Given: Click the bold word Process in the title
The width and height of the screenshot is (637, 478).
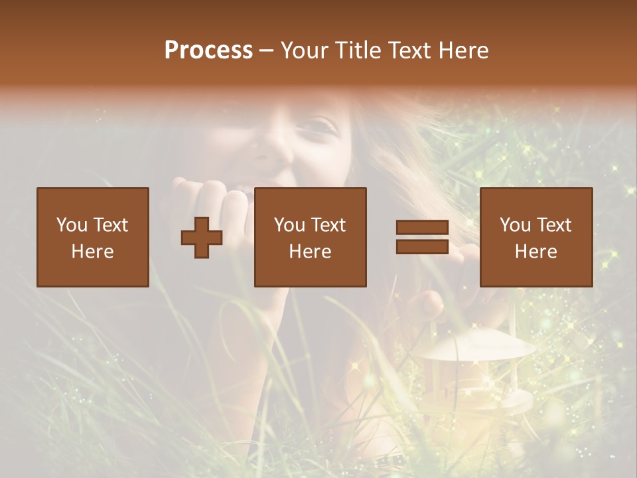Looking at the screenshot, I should (x=208, y=50).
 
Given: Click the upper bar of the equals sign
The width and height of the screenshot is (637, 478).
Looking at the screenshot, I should (x=422, y=227).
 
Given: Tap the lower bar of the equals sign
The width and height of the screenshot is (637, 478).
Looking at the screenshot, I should (x=422, y=247).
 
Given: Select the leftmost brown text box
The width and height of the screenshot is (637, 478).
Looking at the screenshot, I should (x=92, y=237).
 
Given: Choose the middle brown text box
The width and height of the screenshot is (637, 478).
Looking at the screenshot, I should (x=310, y=237).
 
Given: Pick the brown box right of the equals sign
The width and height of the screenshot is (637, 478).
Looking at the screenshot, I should (x=535, y=237).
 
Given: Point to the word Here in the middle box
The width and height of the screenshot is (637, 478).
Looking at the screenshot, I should (x=310, y=251).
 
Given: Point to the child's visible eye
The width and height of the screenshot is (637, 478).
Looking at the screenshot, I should (x=320, y=124).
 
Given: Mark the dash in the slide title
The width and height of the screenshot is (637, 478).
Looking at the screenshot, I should (x=266, y=50).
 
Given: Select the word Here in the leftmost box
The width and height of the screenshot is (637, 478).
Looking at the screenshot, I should (x=92, y=251).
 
